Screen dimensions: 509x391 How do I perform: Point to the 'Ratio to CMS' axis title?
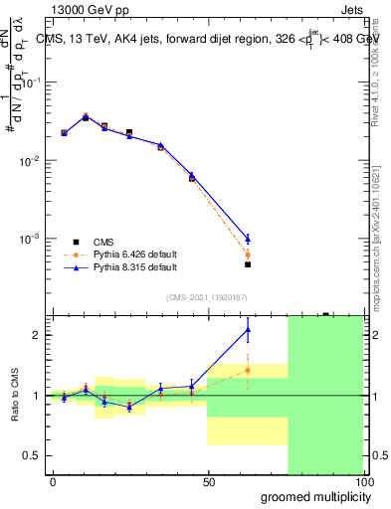(x=15, y=396)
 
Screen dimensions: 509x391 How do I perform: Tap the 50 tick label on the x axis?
(x=208, y=480)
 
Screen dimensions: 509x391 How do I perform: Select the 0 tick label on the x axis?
(x=53, y=480)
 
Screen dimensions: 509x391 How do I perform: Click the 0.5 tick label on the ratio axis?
(x=31, y=455)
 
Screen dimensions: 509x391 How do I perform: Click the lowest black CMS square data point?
(x=248, y=264)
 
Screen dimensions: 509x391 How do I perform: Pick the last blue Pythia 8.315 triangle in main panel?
(x=248, y=238)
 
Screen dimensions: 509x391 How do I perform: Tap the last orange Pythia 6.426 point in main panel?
(x=248, y=254)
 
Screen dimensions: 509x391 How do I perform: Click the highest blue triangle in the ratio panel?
(x=248, y=330)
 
